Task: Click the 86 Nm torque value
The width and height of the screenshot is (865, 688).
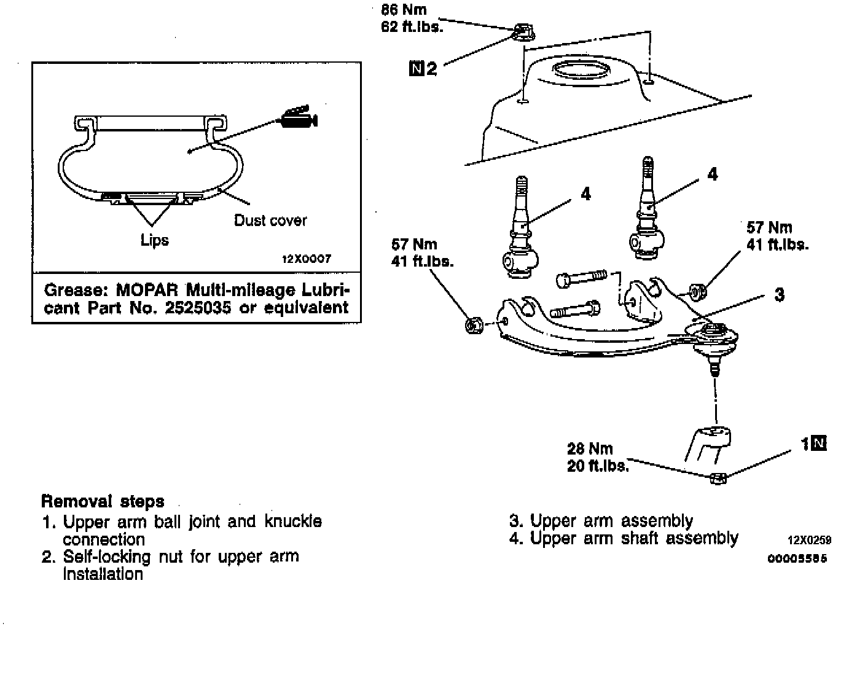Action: coord(404,10)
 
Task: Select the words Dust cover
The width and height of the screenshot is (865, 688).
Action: coord(270,220)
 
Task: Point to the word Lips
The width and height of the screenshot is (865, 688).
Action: coord(154,240)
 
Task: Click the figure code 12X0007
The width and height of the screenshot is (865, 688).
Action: coord(306,259)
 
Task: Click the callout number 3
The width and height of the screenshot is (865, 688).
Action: coord(779,295)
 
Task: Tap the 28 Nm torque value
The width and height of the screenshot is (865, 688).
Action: coord(590,448)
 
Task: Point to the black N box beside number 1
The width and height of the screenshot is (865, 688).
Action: coord(819,443)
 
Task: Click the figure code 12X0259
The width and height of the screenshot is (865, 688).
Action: coord(809,541)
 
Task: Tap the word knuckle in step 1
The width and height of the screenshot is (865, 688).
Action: coord(293,522)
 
